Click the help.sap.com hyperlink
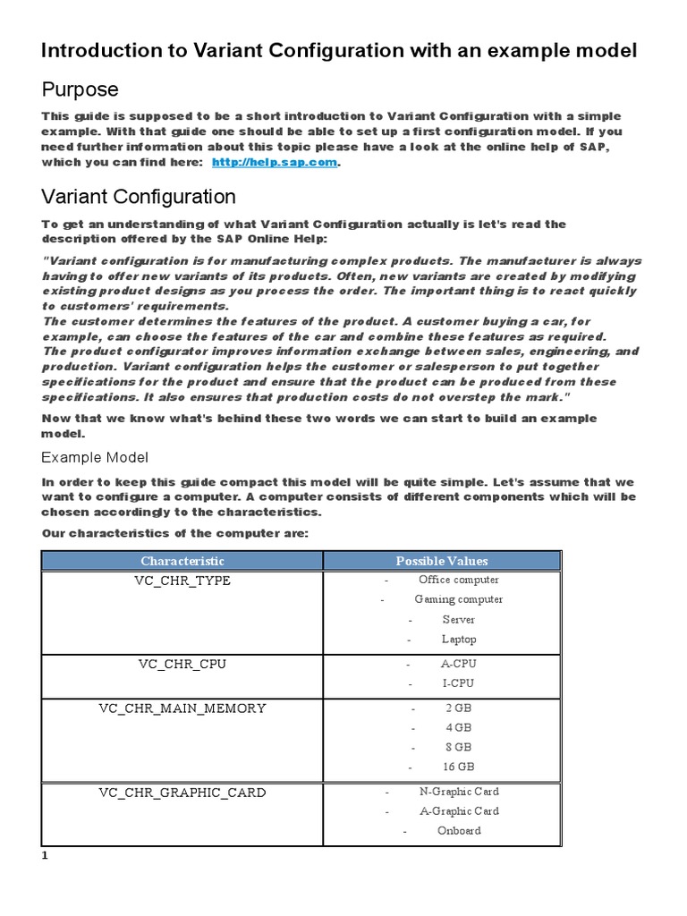tap(275, 163)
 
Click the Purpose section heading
tap(80, 90)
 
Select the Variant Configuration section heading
tap(139, 197)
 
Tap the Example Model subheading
tap(95, 457)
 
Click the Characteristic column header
tap(182, 561)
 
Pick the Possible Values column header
tap(442, 561)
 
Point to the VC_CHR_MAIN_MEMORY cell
tap(182, 708)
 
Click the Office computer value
tap(458, 580)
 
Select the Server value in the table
tap(458, 619)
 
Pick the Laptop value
tap(459, 639)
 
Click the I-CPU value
tap(458, 683)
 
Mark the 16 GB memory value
tap(459, 767)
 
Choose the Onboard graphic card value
tap(459, 830)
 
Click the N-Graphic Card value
tap(459, 791)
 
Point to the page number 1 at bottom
tap(44, 856)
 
